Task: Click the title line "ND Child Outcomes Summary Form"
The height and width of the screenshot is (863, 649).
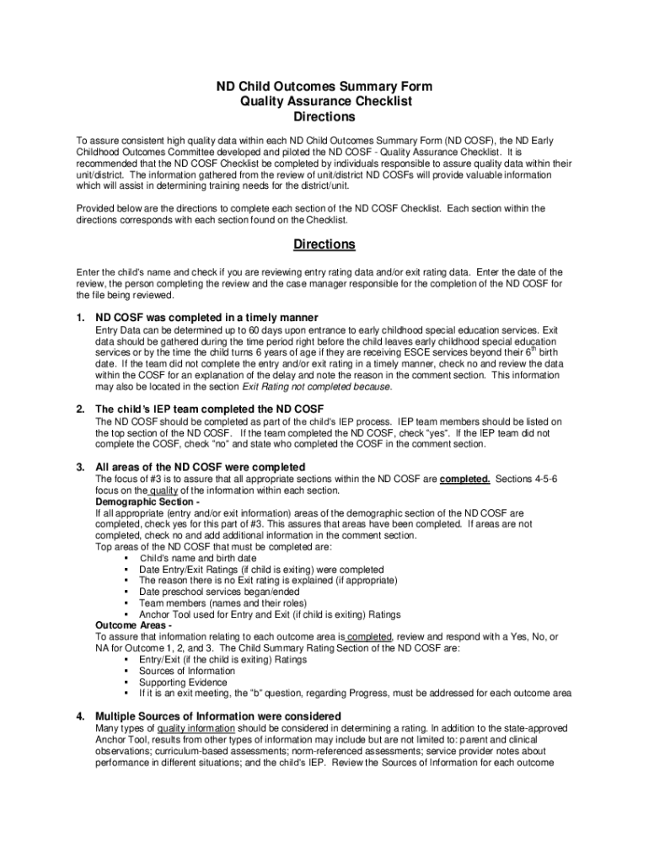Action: (324, 87)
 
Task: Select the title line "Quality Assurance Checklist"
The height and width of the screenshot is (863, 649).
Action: (324, 102)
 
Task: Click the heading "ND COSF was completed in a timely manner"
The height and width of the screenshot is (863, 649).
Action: (206, 317)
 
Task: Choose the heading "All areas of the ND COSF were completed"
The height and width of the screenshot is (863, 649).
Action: (201, 467)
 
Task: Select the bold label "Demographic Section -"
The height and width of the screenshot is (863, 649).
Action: (147, 501)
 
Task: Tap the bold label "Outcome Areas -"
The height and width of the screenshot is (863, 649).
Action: (134, 625)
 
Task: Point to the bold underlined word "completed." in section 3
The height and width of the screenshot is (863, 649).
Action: (465, 479)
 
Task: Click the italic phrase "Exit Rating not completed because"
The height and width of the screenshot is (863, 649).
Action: (317, 387)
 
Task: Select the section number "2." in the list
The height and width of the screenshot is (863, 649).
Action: (81, 409)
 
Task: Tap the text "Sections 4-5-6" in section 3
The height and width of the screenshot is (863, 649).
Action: (527, 479)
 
